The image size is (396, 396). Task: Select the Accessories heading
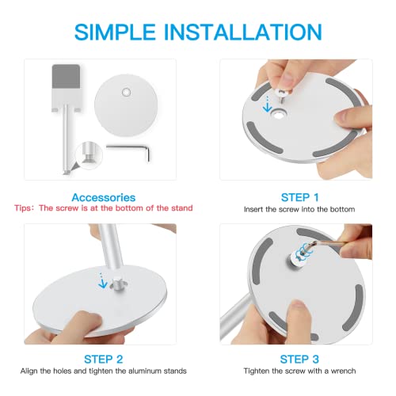point(103,197)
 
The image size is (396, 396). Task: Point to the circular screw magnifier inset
point(89,155)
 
